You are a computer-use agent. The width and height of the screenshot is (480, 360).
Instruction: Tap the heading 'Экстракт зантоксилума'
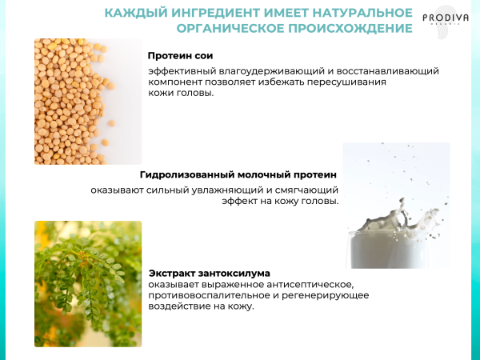tap(209, 273)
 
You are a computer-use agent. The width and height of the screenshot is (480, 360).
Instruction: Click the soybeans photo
tap(87, 102)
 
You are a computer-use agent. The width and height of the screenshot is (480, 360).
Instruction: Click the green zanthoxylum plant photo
tap(87, 284)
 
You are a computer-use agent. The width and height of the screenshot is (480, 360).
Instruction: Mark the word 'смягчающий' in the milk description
tap(310, 190)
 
